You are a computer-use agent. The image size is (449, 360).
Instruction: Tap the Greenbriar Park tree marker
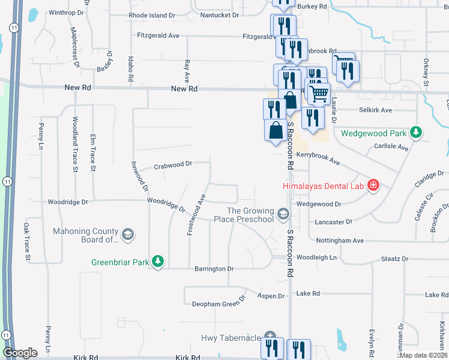[x=158, y=262]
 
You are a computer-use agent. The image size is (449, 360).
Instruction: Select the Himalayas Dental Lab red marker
[x=373, y=185]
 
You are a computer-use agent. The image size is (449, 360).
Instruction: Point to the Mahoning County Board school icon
[x=127, y=235]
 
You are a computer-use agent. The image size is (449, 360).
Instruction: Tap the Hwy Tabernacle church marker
[x=270, y=337]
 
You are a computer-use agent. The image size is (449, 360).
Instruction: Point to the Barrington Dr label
[x=213, y=269]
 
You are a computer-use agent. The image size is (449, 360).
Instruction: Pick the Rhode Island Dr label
[x=152, y=14]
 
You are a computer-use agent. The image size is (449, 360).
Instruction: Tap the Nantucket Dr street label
[x=219, y=14]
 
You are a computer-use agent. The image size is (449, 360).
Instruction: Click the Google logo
[x=20, y=353]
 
